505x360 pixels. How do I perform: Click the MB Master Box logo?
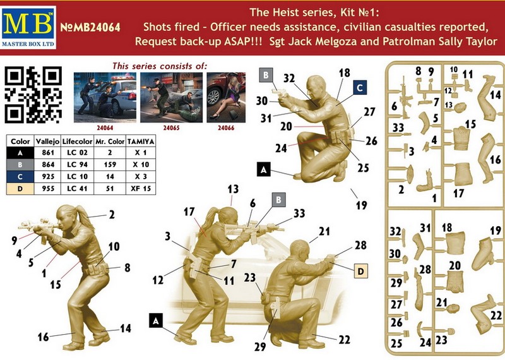(x=28, y=27)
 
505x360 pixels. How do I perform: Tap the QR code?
(x=33, y=95)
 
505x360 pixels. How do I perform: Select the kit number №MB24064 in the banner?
(x=90, y=27)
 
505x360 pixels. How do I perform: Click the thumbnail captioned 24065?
(x=171, y=97)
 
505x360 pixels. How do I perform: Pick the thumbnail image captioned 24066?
(x=226, y=97)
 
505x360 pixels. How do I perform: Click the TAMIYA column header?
(x=141, y=141)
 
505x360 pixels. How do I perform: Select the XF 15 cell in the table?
(x=141, y=189)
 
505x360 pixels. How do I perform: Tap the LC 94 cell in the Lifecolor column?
(x=77, y=165)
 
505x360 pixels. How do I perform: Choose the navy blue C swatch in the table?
(x=20, y=177)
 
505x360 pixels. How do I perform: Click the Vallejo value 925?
(x=48, y=177)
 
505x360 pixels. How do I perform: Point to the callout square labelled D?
(x=360, y=271)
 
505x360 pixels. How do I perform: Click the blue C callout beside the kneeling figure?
(x=360, y=88)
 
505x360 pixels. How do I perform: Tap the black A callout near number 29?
(x=156, y=321)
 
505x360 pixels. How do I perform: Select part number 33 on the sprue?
(x=398, y=128)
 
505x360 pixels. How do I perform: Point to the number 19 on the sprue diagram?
(x=496, y=231)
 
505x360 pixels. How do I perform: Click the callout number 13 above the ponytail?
(x=233, y=189)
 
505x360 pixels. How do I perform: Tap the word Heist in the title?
(x=283, y=12)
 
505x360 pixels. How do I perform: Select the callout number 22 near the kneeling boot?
(x=344, y=340)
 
